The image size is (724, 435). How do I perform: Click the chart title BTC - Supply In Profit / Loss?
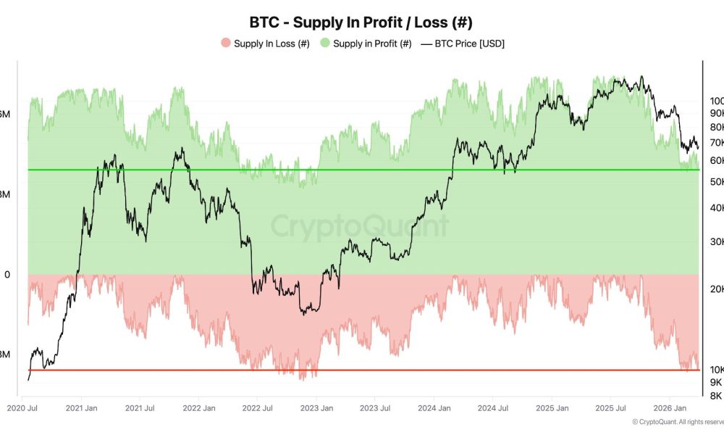coord(361,22)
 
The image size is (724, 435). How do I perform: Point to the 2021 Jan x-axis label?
coord(82,408)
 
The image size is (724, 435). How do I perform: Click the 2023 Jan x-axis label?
coord(316,408)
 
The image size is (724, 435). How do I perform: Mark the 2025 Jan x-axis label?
coord(552,408)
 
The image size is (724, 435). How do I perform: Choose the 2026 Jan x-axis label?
coord(668,408)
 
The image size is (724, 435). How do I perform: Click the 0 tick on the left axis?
coord(7,274)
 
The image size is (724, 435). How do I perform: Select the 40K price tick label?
coord(716,207)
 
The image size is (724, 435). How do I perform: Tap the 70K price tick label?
coord(716,142)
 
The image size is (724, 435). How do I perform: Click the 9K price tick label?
coord(715,382)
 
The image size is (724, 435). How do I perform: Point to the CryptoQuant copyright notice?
coord(677,422)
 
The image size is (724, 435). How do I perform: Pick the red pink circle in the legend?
coord(225,43)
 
